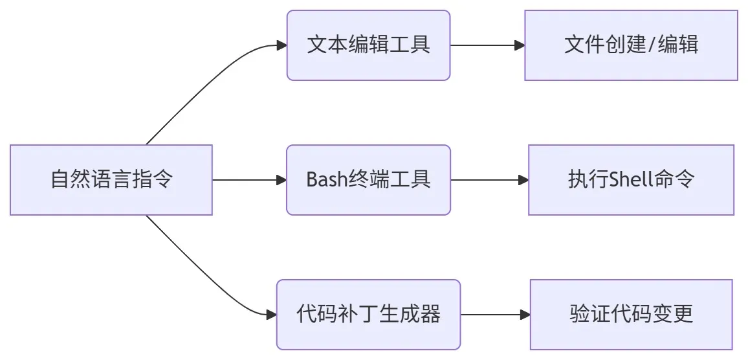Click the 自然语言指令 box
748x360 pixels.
click(111, 179)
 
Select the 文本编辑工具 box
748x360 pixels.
click(368, 45)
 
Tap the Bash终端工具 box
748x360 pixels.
click(368, 179)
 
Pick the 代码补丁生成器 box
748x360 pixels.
click(368, 315)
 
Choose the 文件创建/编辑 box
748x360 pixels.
click(631, 45)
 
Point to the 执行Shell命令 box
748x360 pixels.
click(631, 179)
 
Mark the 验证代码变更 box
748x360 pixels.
click(631, 315)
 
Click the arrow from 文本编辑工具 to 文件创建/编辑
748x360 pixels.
click(485, 45)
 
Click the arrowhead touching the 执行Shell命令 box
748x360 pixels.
click(523, 179)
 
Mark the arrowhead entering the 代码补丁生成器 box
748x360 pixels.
click(272, 315)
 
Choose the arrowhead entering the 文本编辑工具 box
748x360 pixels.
click(281, 45)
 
